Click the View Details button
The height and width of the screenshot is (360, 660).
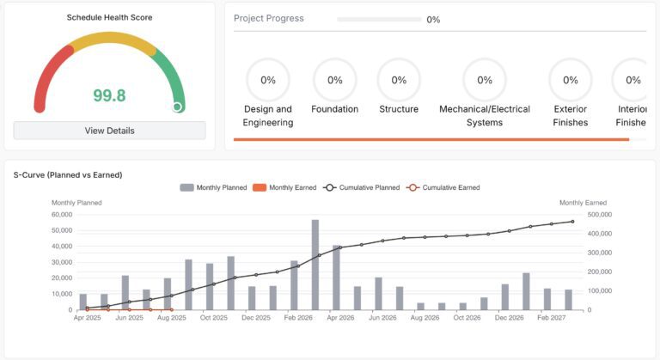[x=109, y=131]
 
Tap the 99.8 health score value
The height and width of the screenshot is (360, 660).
[x=109, y=95]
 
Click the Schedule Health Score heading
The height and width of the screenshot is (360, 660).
[x=109, y=17]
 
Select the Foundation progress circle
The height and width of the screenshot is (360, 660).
[x=334, y=80]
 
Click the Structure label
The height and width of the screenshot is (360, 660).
[x=399, y=109]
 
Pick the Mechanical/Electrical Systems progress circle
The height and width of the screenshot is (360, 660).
[x=485, y=80]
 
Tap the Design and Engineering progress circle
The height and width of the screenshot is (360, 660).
[x=268, y=80]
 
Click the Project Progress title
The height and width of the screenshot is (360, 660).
[x=269, y=18]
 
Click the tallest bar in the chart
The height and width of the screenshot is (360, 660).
[x=315, y=265]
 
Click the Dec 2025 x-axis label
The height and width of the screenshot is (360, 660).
[x=255, y=318]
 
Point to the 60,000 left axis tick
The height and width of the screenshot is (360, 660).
[x=63, y=215]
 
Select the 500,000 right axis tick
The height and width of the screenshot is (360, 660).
[x=599, y=215]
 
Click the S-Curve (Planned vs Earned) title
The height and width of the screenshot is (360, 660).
[x=68, y=174]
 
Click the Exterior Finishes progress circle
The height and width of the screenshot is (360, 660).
[x=571, y=80]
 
